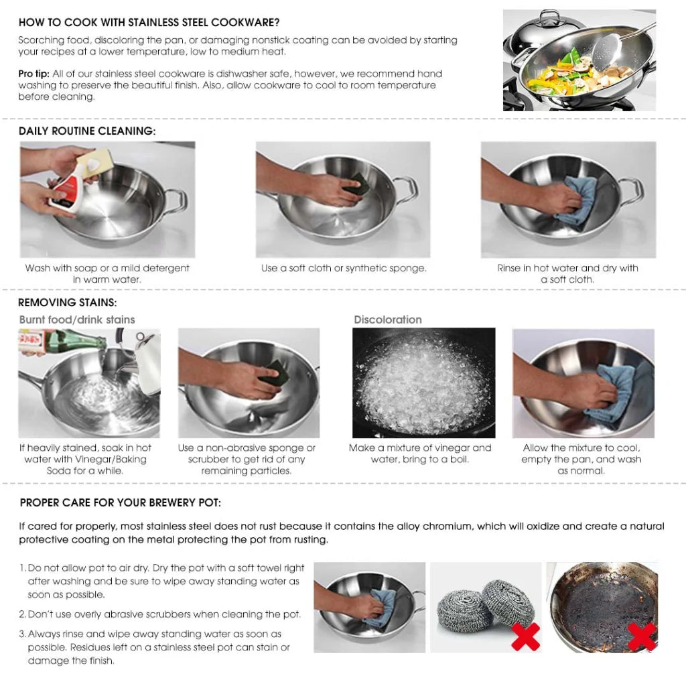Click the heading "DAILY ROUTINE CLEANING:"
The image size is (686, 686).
tap(87, 131)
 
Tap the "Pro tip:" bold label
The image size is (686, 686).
tap(33, 74)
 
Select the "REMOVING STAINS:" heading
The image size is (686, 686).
tap(67, 303)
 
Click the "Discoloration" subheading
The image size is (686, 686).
tap(388, 320)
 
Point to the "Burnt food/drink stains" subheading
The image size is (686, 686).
tap(77, 320)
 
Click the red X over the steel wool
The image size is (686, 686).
tap(525, 636)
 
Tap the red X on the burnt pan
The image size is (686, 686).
tap(642, 636)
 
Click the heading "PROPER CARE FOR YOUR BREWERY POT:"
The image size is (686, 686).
tap(121, 502)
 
